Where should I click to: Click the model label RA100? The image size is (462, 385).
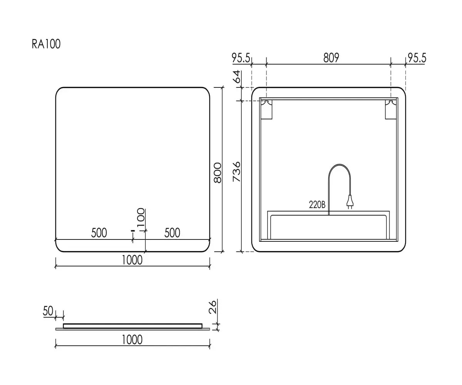(46, 44)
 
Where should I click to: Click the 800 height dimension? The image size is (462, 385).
(218, 172)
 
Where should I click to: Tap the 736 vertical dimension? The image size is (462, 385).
(236, 172)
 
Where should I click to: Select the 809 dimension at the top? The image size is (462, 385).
(331, 58)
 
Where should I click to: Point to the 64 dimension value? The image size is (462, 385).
(237, 77)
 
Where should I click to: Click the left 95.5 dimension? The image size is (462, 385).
(241, 58)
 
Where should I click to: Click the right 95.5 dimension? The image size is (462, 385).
(417, 58)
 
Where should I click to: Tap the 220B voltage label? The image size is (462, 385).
(317, 205)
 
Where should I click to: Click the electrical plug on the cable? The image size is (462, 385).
(350, 202)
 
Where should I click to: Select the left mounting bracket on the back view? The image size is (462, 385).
(266, 110)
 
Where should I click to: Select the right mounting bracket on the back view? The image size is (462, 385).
(391, 110)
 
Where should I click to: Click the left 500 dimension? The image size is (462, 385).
(99, 233)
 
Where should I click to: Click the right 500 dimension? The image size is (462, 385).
(172, 233)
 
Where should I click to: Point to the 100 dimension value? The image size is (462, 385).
(141, 217)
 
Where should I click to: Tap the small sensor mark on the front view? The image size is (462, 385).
(133, 231)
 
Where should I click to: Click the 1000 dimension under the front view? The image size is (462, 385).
(132, 260)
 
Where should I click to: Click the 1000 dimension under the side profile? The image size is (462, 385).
(132, 340)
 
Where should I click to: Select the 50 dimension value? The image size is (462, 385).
(48, 311)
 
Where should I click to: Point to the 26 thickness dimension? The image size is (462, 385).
(213, 307)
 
